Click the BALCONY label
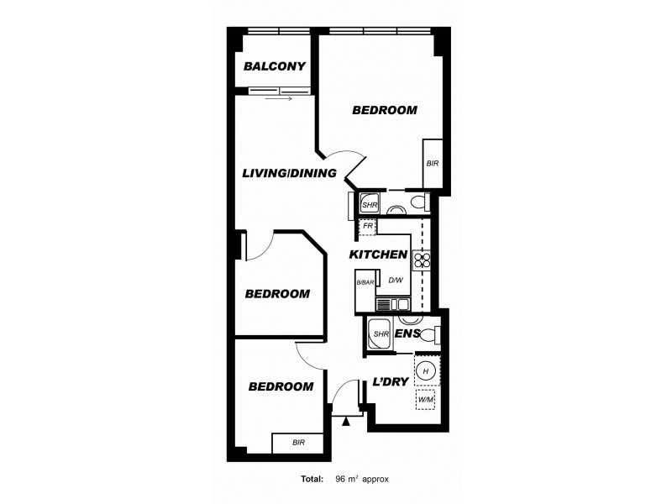pos(274,67)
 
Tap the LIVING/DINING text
pos(289,174)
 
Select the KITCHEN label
pos(379,255)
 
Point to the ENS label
pos(407,333)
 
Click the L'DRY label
pos(390,381)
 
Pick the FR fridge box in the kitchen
pos(367,226)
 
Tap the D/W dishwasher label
pos(395,281)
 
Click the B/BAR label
pos(365,282)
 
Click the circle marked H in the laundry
pos(425,370)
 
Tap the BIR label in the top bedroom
pos(433,163)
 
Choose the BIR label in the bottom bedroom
pos(298,443)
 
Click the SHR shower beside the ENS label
pos(380,333)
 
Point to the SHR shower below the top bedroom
pos(370,204)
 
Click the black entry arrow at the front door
pos(345,421)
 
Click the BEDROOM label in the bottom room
pos(281,386)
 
